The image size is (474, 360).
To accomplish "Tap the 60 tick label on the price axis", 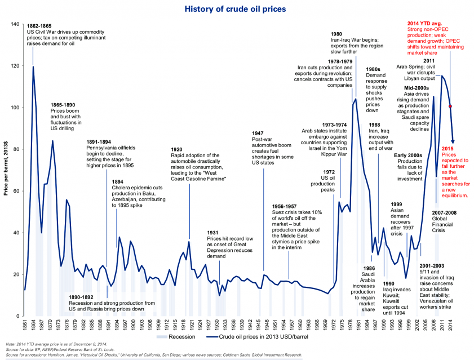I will click(16, 191).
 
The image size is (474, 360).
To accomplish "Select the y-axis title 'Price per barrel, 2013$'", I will click(6, 163).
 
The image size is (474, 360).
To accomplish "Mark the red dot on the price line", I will click(450, 106).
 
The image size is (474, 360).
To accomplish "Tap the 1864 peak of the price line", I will click(33, 66).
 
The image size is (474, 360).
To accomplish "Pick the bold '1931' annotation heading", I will click(212, 233).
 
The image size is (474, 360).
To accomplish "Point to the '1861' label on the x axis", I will click(25, 325).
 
